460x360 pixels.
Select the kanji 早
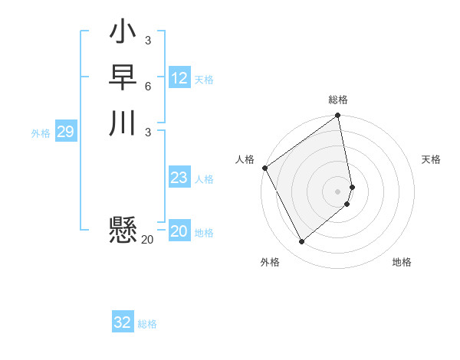point(123,77)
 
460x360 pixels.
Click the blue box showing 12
point(179,78)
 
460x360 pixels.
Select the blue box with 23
point(179,178)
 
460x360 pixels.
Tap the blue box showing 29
point(66,132)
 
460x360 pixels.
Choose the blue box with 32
point(123,322)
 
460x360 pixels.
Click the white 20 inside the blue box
point(179,231)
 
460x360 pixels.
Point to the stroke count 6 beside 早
point(147,86)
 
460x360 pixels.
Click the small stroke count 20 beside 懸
point(147,240)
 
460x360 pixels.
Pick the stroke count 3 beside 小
point(147,41)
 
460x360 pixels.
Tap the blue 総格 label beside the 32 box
point(147,324)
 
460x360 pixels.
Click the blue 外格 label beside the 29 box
point(41,133)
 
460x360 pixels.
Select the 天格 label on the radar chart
point(431,159)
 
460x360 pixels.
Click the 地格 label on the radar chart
point(402,262)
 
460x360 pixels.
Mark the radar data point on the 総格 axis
point(338,117)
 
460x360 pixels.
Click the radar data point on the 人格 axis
point(264,168)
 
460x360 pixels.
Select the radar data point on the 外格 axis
point(301,242)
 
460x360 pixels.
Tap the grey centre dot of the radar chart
point(338,191)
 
